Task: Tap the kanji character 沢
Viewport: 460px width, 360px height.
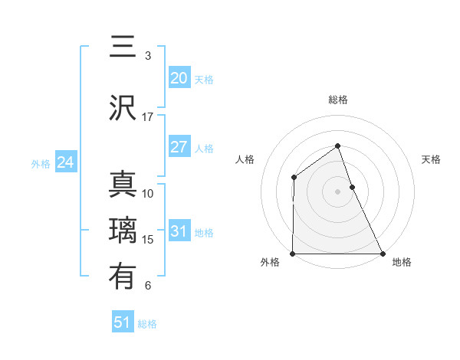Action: pos(123,108)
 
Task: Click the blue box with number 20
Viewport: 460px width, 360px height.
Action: pos(179,78)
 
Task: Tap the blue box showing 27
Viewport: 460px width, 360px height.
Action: pos(179,147)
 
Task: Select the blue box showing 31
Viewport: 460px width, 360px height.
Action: pos(179,231)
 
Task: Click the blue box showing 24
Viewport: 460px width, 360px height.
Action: pos(66,162)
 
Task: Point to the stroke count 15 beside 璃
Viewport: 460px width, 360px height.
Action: pos(148,240)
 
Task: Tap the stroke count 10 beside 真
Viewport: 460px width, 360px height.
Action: pos(148,194)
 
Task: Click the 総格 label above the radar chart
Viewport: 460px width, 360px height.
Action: pos(337,100)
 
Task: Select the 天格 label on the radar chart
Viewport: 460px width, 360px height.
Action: pos(431,159)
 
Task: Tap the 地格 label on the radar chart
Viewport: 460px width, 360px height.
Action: pos(402,262)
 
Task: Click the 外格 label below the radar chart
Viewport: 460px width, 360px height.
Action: pos(270,262)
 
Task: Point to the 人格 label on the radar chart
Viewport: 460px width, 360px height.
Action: pos(245,159)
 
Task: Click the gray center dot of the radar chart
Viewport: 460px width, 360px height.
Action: pos(337,191)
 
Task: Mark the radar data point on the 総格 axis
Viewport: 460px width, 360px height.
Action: pos(337,146)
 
